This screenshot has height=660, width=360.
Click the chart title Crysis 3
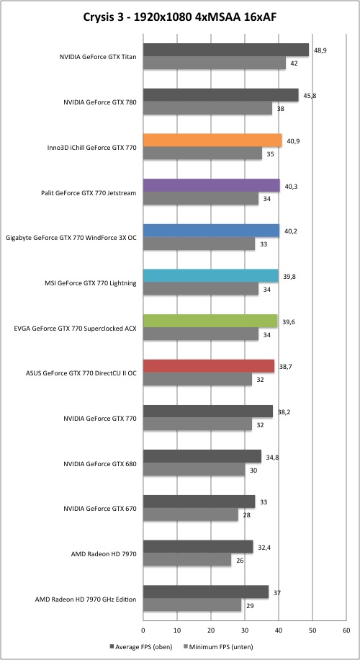tap(180, 18)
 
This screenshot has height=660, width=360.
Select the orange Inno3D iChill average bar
tap(212, 141)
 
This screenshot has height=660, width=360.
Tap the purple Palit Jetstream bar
tap(212, 185)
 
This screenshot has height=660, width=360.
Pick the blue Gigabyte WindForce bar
tap(211, 231)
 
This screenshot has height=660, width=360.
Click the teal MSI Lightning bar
tap(211, 276)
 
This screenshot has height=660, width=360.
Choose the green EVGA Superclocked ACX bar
tap(210, 321)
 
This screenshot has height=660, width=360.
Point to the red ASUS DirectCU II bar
tap(209, 366)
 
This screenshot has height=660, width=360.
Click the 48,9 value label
tap(320, 50)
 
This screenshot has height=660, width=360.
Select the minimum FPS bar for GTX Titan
tap(215, 63)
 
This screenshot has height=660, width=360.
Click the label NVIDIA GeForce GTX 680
tap(99, 463)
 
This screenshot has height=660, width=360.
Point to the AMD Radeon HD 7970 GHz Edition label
tap(86, 599)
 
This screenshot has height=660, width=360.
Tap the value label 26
tap(239, 561)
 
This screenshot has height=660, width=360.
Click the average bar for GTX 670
tap(199, 501)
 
